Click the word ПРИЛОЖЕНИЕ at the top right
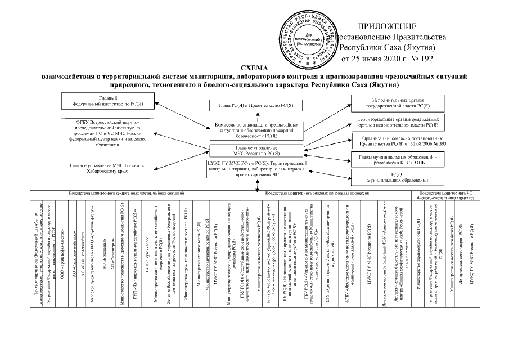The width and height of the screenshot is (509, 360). [388, 26]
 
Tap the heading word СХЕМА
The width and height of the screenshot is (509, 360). [254, 67]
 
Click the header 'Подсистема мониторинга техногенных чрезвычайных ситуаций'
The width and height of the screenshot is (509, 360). [125, 193]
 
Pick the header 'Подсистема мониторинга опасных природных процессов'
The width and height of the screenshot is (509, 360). [316, 193]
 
